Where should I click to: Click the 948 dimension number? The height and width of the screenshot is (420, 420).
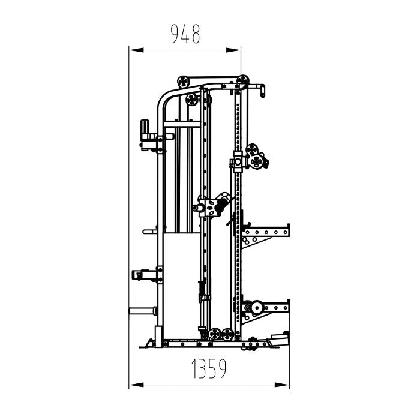point(185,34)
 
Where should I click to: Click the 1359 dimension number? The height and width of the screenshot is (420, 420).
point(209,368)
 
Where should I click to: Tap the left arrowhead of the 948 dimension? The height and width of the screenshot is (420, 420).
point(136,50)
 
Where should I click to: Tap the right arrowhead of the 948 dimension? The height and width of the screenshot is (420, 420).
point(233,50)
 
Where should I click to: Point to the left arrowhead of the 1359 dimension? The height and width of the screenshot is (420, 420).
point(136,385)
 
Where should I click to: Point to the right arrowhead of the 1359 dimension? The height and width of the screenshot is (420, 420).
point(282,385)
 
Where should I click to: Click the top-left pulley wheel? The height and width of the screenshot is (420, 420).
point(184,82)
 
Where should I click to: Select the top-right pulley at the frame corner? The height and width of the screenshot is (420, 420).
point(243,80)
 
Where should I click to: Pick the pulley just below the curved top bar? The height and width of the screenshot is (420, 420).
point(192,100)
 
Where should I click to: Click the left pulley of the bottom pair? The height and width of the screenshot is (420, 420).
point(215,334)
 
